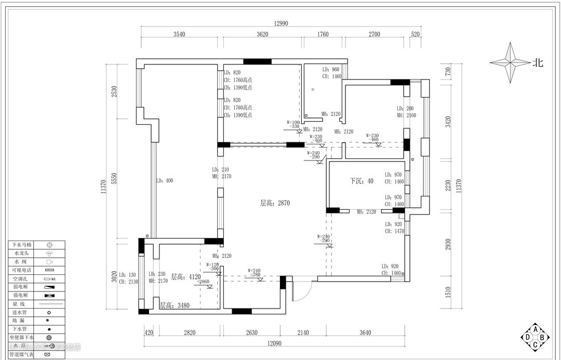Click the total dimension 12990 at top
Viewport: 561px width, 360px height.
point(281,23)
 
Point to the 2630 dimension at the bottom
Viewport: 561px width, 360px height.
point(251,333)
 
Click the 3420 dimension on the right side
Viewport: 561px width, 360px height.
point(448,123)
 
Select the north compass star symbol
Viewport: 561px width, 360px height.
point(510,63)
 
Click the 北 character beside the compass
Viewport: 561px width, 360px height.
point(538,63)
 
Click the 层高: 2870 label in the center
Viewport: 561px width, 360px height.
point(275,203)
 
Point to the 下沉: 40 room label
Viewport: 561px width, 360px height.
point(362,181)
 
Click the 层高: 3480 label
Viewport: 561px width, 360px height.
point(174,305)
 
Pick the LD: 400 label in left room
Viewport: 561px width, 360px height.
point(164,181)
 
